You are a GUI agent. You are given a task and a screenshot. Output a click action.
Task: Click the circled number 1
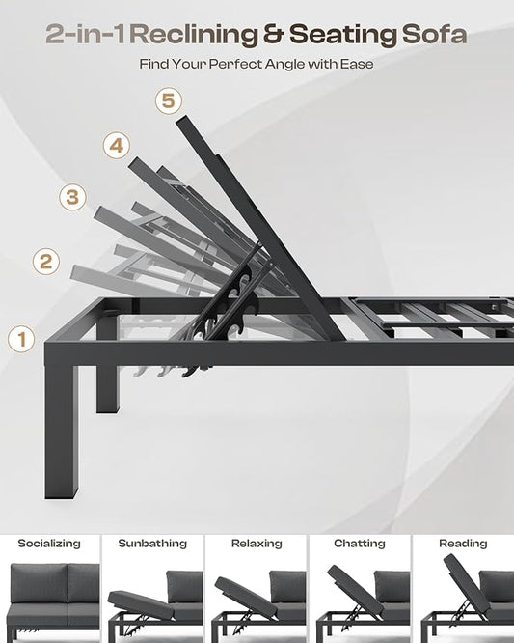coord(21,339)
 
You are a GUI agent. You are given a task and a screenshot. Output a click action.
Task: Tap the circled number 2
coord(46,262)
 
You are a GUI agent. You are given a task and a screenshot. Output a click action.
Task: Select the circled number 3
coord(72,197)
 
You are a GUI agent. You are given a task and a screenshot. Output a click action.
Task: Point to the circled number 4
coord(117,145)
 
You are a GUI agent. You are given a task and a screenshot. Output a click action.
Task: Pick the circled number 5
coord(169,100)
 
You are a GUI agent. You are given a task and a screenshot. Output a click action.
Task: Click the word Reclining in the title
coord(196,35)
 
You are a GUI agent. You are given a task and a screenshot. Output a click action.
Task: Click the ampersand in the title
coord(274,35)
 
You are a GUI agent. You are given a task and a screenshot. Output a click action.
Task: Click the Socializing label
coord(49,544)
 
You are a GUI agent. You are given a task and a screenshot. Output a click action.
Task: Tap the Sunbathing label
coord(152,544)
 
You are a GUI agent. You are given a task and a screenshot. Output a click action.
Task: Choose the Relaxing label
coord(257,544)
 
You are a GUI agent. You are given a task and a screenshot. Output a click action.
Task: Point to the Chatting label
coord(360,544)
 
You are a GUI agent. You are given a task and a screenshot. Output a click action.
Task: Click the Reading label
coord(463,544)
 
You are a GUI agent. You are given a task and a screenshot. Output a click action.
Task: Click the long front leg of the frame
coord(61,431)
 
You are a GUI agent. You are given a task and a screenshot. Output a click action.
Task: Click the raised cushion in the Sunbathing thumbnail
coord(142,605)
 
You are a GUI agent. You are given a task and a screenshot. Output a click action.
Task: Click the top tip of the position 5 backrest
coord(180,118)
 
